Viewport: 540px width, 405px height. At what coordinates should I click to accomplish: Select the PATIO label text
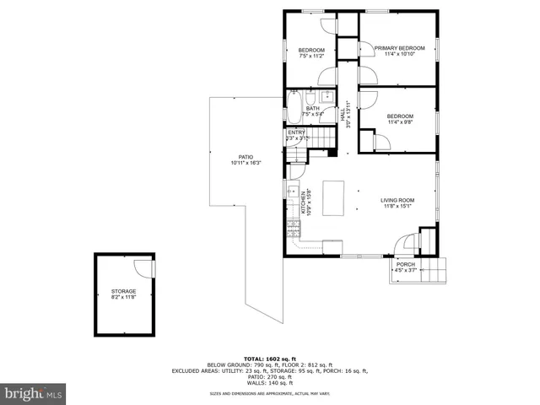tap(246, 157)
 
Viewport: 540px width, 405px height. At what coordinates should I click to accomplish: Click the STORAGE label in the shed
tap(125, 292)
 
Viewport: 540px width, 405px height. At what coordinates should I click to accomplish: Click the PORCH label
tap(406, 265)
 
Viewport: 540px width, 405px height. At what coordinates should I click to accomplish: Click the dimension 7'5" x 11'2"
tap(311, 56)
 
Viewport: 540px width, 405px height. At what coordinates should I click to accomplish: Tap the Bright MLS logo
tap(34, 393)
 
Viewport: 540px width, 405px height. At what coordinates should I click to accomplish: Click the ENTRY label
tap(296, 132)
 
